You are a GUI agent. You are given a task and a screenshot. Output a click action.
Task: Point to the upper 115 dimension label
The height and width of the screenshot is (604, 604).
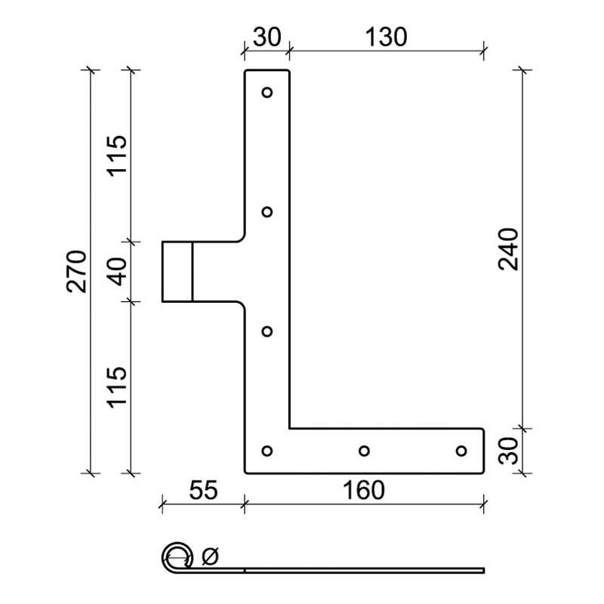tap(118, 155)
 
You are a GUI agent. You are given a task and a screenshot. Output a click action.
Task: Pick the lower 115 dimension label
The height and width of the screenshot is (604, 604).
tap(118, 387)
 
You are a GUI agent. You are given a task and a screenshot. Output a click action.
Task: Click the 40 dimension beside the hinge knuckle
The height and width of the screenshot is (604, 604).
tap(118, 270)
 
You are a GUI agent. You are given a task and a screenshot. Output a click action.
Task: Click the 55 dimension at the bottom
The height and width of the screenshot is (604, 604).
tap(202, 490)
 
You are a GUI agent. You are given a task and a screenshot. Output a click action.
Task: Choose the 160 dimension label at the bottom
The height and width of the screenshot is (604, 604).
tap(362, 490)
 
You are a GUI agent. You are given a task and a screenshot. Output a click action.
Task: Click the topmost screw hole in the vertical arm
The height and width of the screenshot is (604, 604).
tap(267, 93)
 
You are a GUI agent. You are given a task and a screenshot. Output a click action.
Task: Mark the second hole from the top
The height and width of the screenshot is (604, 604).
tap(267, 211)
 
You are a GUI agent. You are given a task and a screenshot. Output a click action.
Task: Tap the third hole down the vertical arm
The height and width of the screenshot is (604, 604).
tap(267, 331)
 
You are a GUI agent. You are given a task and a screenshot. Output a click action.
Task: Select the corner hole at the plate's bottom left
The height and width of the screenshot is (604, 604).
tap(267, 451)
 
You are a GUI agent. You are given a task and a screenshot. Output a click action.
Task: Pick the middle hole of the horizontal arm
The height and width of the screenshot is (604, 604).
tap(364, 451)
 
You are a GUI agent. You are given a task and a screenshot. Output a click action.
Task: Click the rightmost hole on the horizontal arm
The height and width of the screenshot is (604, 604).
tap(461, 451)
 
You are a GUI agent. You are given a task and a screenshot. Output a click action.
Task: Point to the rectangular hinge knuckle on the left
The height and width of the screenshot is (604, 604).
tap(177, 271)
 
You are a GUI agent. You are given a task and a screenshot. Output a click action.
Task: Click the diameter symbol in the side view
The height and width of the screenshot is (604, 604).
tap(210, 558)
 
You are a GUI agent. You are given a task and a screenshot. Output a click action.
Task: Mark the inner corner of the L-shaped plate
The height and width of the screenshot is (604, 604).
tap(290, 428)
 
